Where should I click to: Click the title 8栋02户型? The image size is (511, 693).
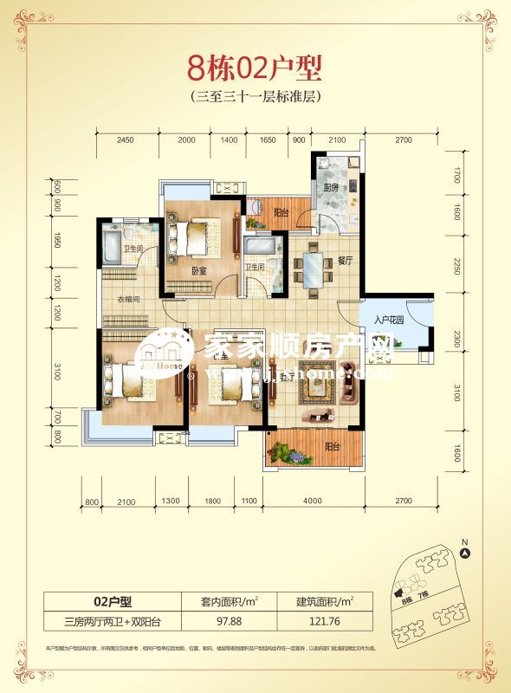tap(255, 68)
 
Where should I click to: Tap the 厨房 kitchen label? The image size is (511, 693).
tap(331, 187)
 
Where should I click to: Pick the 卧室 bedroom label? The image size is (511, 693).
tap(200, 270)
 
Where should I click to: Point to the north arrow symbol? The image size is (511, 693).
tap(464, 552)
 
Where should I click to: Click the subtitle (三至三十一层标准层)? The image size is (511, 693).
tap(255, 98)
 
